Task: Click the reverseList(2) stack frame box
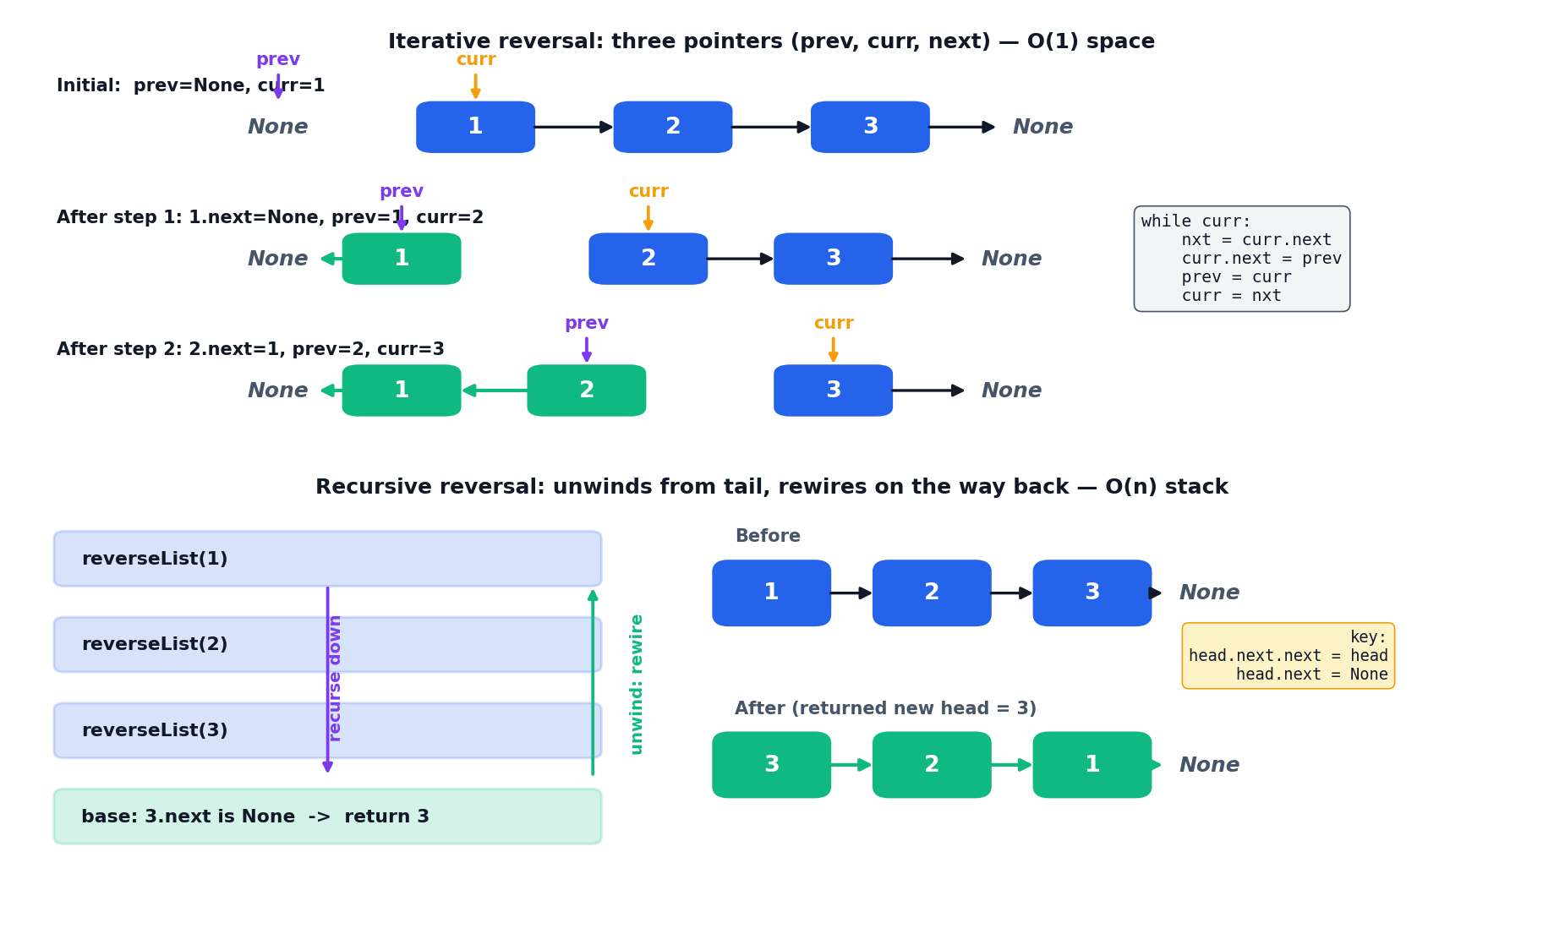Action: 327,644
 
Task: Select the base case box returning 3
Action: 327,817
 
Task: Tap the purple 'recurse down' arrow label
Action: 335,678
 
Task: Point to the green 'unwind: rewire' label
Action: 637,684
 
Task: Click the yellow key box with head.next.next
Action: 1288,656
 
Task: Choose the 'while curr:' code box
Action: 1241,259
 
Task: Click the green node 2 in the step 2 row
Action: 587,391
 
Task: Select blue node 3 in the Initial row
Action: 870,127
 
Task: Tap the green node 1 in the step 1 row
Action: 402,259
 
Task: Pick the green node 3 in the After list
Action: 771,765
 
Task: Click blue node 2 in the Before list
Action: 932,593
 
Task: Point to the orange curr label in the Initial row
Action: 476,60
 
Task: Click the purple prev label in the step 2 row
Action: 587,324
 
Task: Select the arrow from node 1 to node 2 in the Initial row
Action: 574,127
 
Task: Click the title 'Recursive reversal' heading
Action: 771,487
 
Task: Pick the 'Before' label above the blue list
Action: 768,536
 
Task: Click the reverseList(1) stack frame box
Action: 327,559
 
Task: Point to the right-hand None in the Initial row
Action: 1042,127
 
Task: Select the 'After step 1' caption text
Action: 270,217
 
